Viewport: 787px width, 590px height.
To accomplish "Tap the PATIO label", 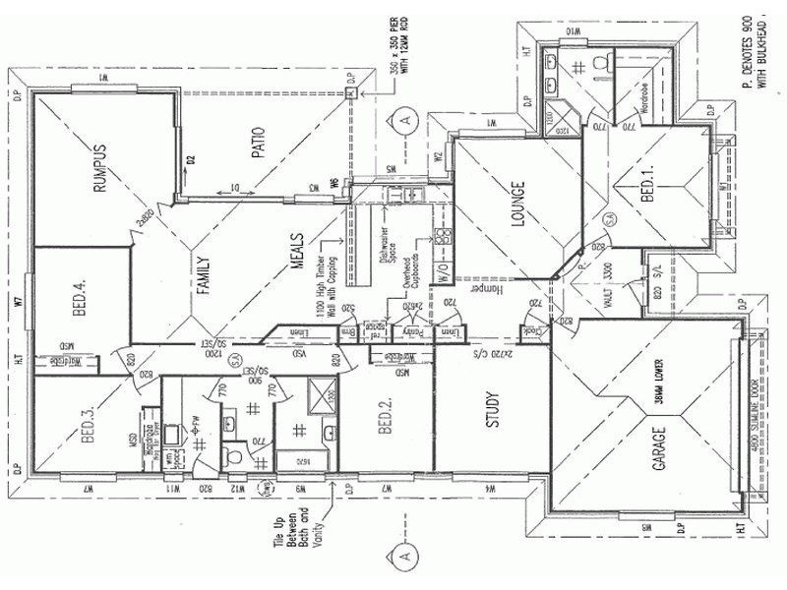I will coord(259,148).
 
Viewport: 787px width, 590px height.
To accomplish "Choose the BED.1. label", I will coord(647,183).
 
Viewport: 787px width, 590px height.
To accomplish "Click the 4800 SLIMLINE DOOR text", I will coord(757,422).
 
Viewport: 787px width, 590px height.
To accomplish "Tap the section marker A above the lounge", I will coord(405,120).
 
